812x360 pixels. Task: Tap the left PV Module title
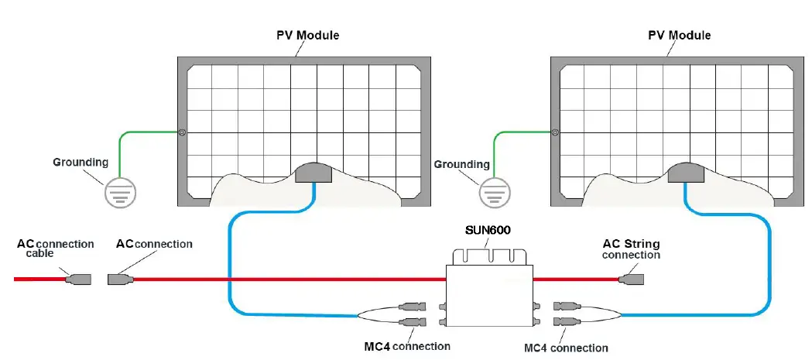[307, 36]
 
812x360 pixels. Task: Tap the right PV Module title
[679, 36]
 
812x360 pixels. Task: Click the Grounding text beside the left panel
[81, 163]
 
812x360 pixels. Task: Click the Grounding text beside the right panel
[462, 164]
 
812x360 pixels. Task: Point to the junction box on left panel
[314, 173]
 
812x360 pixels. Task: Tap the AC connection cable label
[55, 249]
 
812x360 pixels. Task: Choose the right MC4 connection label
[566, 348]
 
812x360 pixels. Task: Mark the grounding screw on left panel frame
[181, 132]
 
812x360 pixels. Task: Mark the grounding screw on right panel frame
[555, 132]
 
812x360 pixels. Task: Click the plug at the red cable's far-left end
[80, 278]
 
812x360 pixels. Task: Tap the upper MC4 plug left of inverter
[410, 307]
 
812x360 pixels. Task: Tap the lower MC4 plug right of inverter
[564, 321]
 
